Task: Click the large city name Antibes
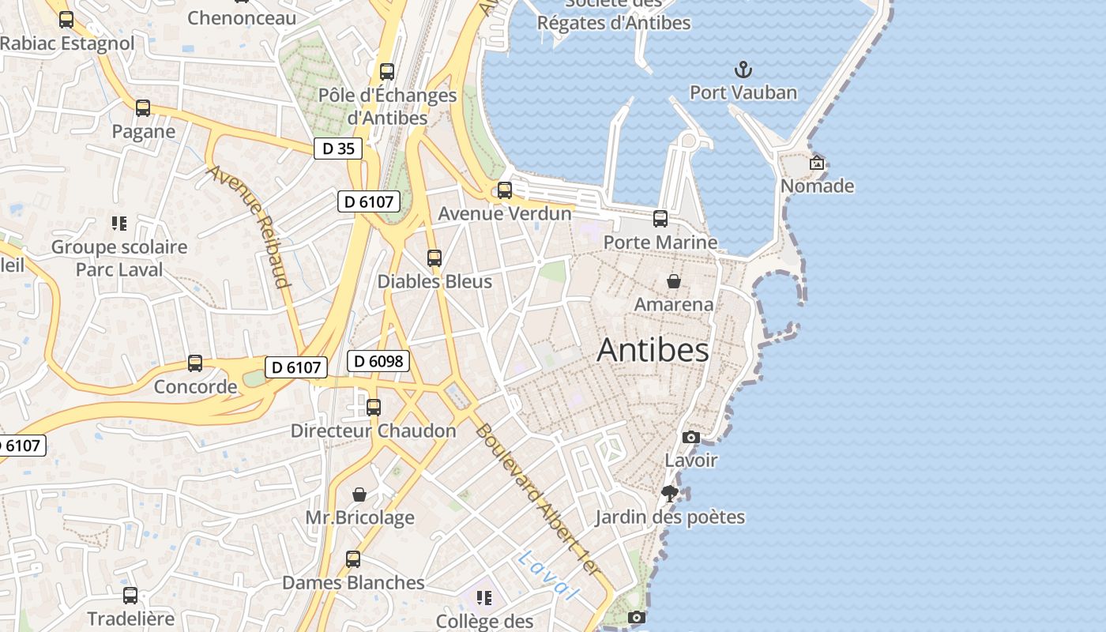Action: point(653,349)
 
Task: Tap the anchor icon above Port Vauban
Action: point(743,70)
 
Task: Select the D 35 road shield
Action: point(338,148)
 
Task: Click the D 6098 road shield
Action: point(378,361)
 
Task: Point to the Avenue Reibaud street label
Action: point(250,226)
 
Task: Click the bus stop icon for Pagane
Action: point(143,108)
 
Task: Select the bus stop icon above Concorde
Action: point(195,363)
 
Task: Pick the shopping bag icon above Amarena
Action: point(674,281)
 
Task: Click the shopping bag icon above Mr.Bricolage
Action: point(359,495)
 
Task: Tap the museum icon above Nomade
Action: point(817,163)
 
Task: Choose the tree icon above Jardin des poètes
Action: point(670,494)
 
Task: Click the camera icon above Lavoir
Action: point(690,437)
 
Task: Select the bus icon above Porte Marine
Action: point(660,219)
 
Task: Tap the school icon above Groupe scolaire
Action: point(119,224)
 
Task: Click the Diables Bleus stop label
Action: point(434,281)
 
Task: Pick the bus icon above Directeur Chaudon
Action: point(374,408)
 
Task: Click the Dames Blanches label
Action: point(353,582)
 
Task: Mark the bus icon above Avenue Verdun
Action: point(504,190)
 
